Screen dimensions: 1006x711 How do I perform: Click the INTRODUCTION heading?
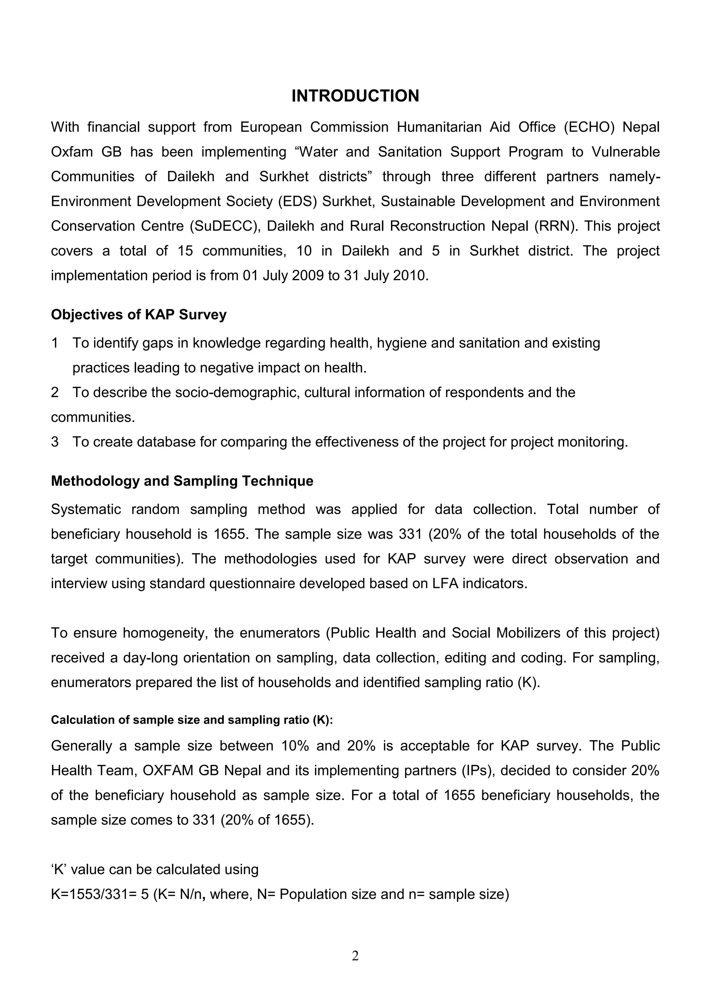tap(355, 96)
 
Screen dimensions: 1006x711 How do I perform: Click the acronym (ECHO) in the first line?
tap(589, 127)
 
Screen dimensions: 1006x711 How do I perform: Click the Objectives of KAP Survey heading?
tap(139, 315)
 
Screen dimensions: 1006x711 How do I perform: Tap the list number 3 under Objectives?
tap(55, 442)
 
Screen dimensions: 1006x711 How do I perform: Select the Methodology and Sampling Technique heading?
tap(182, 481)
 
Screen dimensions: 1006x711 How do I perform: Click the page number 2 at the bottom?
tap(355, 956)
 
